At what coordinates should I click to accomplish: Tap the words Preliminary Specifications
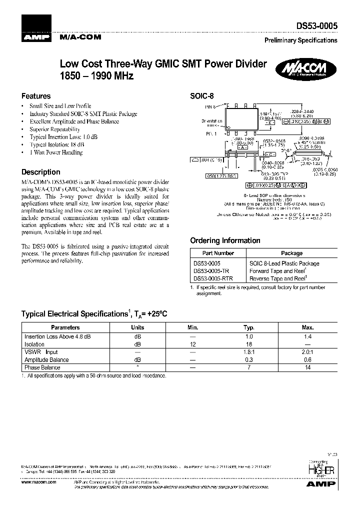300,40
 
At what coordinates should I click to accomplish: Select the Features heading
36,96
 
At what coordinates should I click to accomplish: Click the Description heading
40,172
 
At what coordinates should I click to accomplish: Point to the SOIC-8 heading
201,96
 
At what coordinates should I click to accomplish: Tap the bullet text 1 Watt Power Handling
56,152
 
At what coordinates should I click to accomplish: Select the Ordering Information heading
225,240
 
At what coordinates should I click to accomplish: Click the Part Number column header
218,253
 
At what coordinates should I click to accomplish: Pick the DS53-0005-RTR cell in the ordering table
213,278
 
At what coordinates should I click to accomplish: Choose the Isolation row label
34,344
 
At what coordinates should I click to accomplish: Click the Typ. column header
249,327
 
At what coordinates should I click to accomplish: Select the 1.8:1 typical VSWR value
249,352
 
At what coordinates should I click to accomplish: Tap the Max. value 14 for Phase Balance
307,367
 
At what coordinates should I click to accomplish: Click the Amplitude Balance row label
46,359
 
